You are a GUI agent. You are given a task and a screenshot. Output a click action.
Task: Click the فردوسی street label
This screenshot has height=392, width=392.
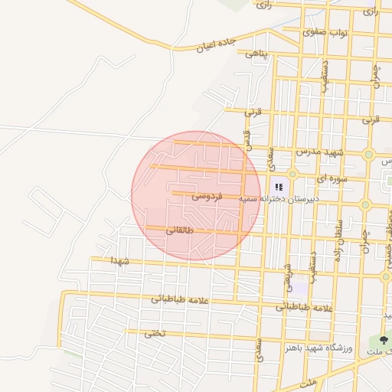207,196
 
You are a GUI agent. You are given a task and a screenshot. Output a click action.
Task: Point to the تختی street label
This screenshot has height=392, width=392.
155,333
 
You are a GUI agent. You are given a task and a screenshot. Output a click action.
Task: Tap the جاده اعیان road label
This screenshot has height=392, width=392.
213,45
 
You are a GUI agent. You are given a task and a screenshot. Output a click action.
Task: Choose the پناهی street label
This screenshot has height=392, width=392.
258,54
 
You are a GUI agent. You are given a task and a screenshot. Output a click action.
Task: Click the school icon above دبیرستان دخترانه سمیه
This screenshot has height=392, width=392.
279,185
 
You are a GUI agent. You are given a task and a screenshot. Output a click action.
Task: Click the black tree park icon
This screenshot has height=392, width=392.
384,338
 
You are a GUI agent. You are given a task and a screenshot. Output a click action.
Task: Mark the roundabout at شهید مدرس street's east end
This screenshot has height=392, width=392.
369,155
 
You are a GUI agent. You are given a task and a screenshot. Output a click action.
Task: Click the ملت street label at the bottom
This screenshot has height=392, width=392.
309,381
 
